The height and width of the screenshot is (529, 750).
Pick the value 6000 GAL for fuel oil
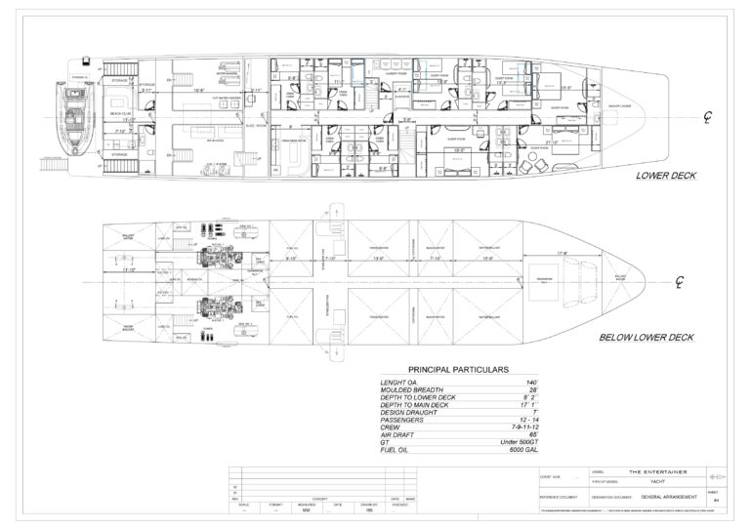pyautogui.click(x=497, y=448)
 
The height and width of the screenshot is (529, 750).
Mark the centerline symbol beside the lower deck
pyautogui.click(x=710, y=119)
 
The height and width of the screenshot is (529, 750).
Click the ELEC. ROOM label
pyautogui.click(x=253, y=124)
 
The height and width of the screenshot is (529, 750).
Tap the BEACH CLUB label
pyautogui.click(x=122, y=111)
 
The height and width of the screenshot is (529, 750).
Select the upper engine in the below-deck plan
pyautogui.click(x=214, y=249)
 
